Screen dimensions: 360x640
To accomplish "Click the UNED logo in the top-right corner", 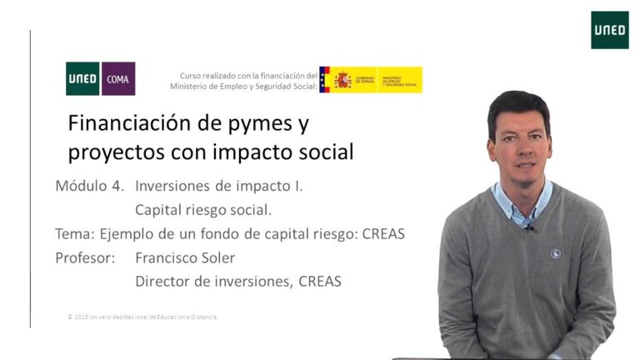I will pyautogui.click(x=609, y=30).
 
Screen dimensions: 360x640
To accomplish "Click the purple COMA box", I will pyautogui.click(x=117, y=79).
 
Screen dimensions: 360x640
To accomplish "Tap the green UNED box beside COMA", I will pyautogui.click(x=82, y=79).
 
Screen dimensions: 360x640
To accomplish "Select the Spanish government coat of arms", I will pyautogui.click(x=342, y=80).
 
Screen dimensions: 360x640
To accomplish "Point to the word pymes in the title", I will pyautogui.click(x=261, y=126).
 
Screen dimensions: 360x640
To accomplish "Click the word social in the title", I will pyautogui.click(x=326, y=152).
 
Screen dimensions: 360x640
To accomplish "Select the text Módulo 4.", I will pyautogui.click(x=89, y=186).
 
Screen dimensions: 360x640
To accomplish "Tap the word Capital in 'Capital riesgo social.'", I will pyautogui.click(x=158, y=209).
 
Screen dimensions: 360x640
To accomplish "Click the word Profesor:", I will pyautogui.click(x=85, y=258).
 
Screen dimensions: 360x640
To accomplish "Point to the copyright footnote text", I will pyautogui.click(x=142, y=317).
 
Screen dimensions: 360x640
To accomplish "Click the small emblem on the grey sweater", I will pyautogui.click(x=555, y=253).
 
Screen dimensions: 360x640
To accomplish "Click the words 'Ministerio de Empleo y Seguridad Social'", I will pyautogui.click(x=243, y=86).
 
